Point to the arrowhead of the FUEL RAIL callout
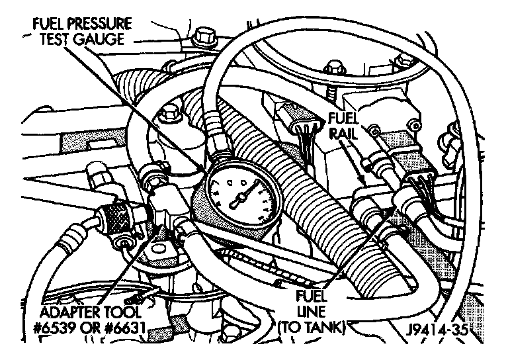[x=362, y=177]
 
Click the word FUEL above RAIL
[x=341, y=118]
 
